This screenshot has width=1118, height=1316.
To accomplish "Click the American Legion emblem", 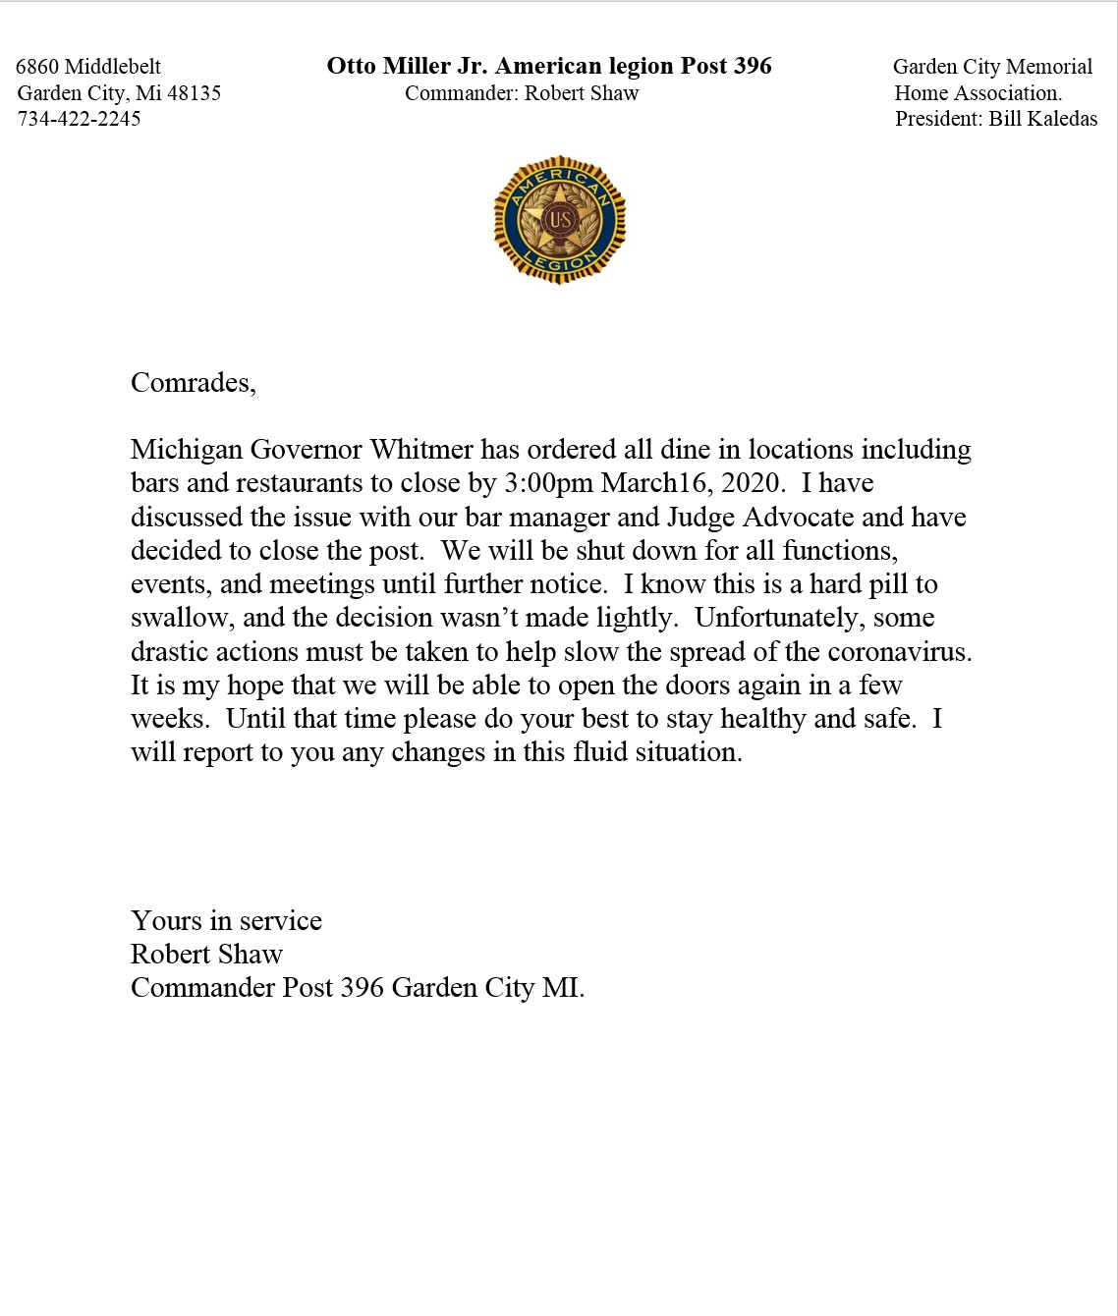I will click(559, 220).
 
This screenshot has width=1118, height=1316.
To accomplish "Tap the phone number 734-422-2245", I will click(80, 119).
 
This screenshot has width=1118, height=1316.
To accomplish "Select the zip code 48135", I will click(194, 93).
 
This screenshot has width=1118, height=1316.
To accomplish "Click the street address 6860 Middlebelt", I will click(88, 67).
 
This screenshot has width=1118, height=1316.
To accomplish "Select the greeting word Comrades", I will click(192, 382).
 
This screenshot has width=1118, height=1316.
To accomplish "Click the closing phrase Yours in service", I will click(226, 921).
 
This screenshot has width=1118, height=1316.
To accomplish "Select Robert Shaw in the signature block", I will click(206, 955).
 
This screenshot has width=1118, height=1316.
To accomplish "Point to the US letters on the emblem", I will click(559, 219).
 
